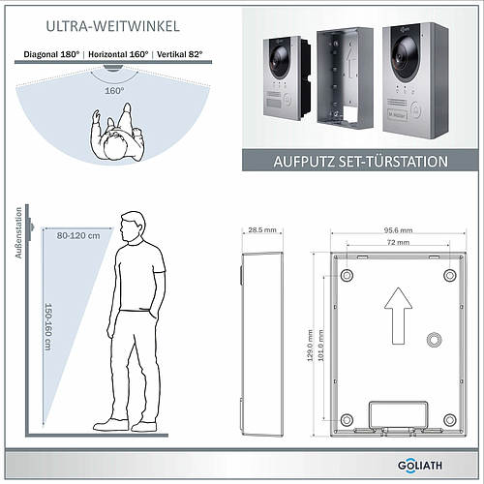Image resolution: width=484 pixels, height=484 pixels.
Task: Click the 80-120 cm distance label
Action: [78, 236]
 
